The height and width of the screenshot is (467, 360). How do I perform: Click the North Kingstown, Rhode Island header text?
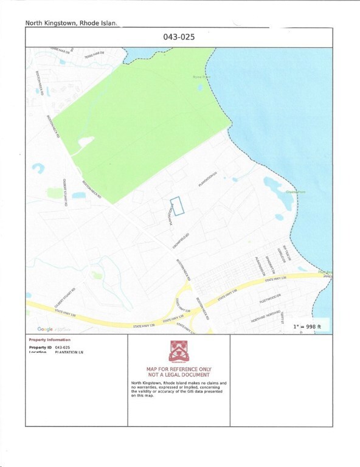pyautogui.click(x=71, y=23)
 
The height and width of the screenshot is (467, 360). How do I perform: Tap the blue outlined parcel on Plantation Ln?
pyautogui.click(x=177, y=206)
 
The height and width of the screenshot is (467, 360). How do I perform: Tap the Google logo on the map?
pyautogui.click(x=44, y=329)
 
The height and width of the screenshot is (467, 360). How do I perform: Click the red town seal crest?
pyautogui.click(x=179, y=351)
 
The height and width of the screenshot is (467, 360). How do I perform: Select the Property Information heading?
pyautogui.click(x=50, y=340)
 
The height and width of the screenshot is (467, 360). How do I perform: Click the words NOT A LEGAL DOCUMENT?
pyautogui.click(x=179, y=375)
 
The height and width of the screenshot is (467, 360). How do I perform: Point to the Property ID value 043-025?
pyautogui.click(x=63, y=347)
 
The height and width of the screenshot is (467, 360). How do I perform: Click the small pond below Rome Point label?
pyautogui.click(x=200, y=87)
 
